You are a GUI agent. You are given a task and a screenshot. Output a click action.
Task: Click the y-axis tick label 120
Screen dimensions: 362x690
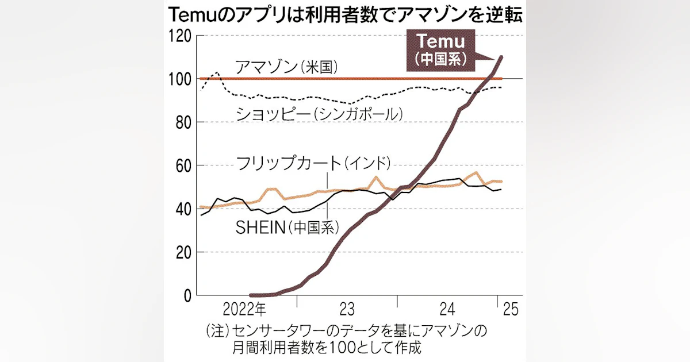coord(179,36)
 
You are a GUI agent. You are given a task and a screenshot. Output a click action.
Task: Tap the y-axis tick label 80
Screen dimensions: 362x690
coord(182,122)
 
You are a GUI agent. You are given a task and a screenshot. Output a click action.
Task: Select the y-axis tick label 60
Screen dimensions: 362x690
coord(182,165)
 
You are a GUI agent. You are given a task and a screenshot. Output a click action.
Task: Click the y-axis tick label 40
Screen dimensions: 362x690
coord(182,209)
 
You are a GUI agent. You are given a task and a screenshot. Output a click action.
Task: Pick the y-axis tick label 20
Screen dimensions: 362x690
coord(182,252)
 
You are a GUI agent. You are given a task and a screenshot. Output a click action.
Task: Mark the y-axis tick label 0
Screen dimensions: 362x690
coord(186,295)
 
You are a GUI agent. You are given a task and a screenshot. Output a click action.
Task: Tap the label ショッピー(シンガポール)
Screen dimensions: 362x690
coord(319,114)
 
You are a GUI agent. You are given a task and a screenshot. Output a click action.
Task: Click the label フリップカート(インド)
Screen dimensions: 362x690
coord(313,163)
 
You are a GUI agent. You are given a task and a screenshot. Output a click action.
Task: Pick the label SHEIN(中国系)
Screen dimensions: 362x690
coord(286,228)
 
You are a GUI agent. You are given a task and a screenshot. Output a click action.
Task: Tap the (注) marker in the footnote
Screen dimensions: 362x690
coord(217,331)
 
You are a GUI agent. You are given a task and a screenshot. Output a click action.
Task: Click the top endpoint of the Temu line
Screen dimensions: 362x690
coord(501,57)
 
